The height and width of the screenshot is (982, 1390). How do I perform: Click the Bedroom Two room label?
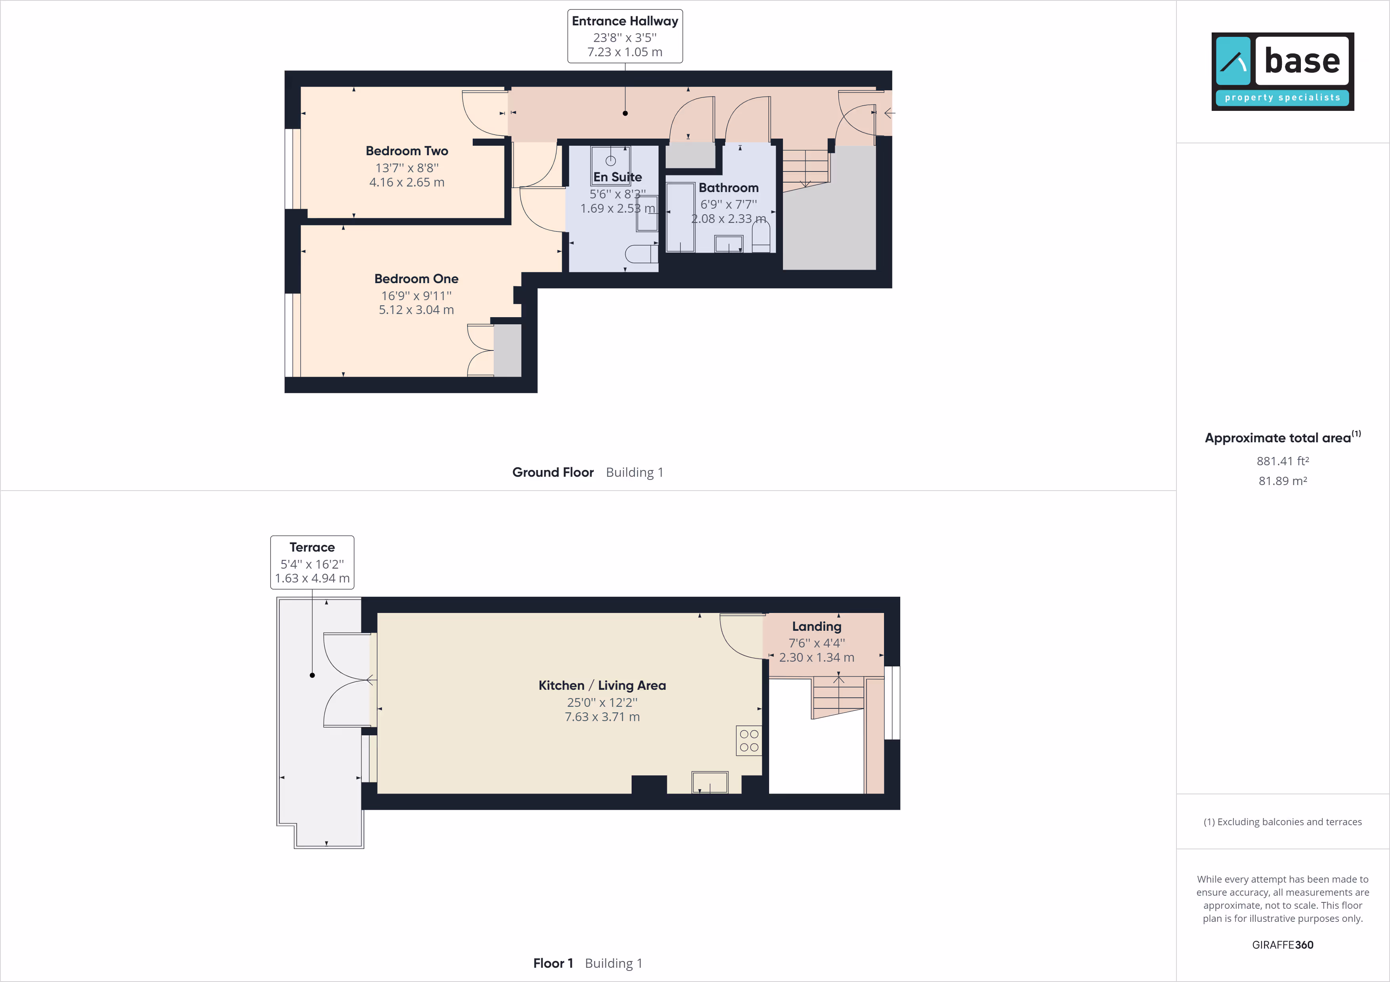click(x=407, y=150)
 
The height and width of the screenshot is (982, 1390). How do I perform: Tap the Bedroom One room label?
click(x=416, y=279)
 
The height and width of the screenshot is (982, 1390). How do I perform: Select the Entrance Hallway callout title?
click(x=625, y=21)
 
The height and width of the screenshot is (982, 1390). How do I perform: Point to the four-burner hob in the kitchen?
click(x=749, y=740)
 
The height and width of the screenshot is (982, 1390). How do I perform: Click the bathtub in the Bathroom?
click(x=680, y=217)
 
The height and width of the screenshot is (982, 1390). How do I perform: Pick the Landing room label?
click(x=817, y=627)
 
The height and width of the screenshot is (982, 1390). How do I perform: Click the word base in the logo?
click(x=1302, y=61)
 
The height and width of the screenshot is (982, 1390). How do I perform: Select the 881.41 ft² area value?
click(x=1283, y=461)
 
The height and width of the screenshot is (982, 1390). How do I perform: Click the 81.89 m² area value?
click(x=1283, y=481)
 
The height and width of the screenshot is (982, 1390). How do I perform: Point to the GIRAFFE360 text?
click(x=1283, y=944)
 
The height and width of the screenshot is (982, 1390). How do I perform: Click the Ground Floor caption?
click(x=553, y=472)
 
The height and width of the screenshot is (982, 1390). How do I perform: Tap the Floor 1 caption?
click(x=553, y=963)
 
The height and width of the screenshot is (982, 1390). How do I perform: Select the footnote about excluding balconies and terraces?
click(x=1283, y=822)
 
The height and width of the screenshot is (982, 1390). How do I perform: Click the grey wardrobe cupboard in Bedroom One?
click(x=507, y=350)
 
